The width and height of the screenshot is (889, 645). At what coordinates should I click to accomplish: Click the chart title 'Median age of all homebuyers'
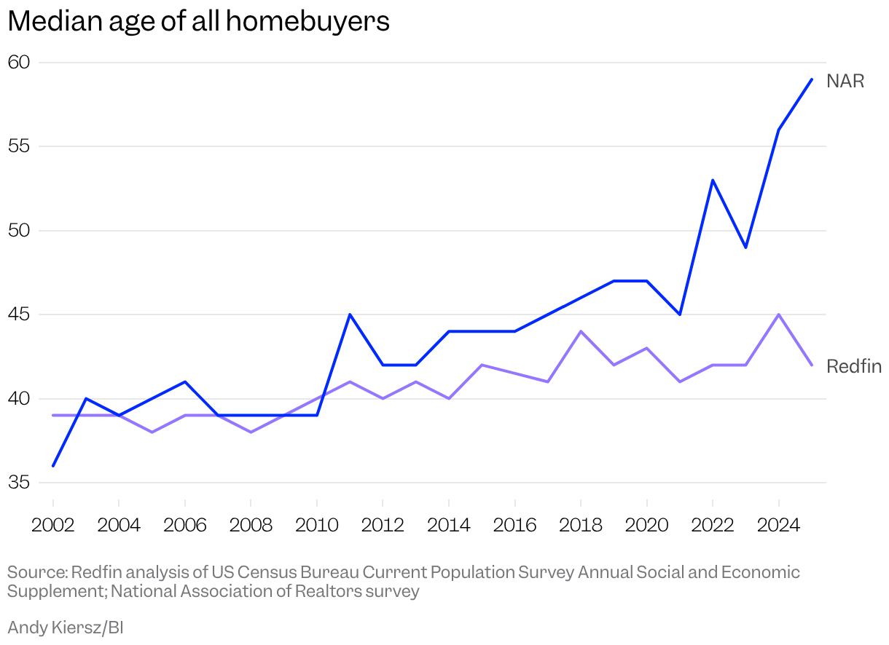(198, 22)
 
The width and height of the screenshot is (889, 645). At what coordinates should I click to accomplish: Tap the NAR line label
(845, 82)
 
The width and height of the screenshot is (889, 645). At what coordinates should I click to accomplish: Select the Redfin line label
(854, 366)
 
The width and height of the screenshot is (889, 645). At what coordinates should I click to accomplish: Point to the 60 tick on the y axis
(19, 63)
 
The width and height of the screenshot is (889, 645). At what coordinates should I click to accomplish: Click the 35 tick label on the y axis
(19, 483)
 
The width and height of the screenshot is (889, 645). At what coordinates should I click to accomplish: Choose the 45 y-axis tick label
(19, 314)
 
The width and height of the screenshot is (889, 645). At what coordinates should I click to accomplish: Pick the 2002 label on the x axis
(53, 525)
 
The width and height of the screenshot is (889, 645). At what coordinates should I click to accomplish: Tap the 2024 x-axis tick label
(778, 525)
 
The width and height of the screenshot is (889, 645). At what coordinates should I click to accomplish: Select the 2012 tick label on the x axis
(383, 525)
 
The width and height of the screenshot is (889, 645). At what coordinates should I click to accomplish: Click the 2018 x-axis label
(581, 525)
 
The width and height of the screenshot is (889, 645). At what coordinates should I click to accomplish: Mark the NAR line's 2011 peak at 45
(350, 314)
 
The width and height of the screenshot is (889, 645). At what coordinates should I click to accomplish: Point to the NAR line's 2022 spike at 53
(713, 180)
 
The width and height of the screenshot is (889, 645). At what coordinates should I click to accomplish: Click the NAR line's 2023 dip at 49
(745, 248)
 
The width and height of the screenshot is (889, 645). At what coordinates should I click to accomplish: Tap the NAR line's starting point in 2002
(53, 466)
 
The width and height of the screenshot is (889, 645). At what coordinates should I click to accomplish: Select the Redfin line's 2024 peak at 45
(779, 314)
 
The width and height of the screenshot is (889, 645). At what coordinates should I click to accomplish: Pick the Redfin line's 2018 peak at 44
(581, 331)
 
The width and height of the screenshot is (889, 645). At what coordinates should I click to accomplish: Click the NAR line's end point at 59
(812, 79)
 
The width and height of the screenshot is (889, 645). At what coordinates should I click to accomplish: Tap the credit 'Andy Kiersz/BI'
(66, 627)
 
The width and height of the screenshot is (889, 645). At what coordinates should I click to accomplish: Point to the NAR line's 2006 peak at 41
(185, 381)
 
